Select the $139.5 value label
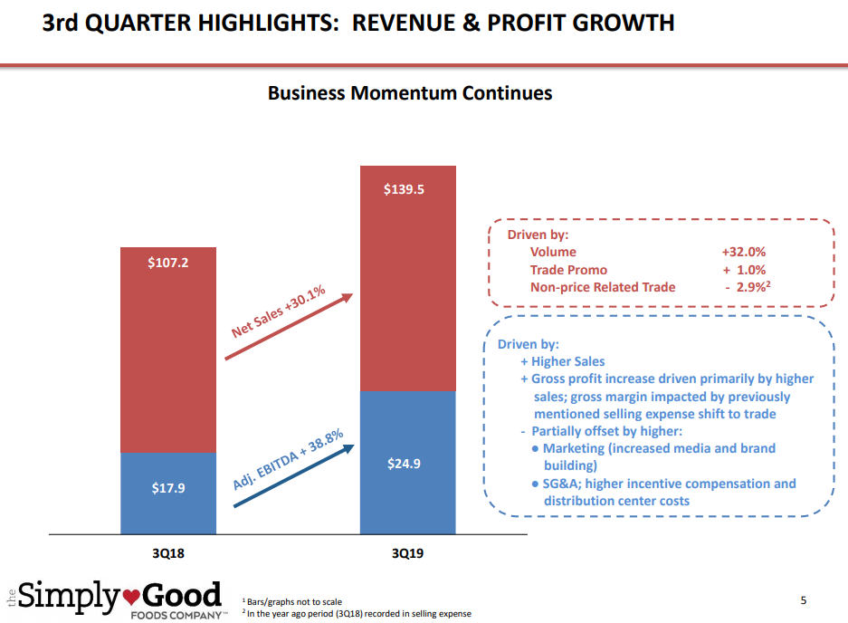[x=406, y=189]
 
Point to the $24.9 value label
[x=406, y=464]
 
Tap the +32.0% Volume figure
[x=743, y=253]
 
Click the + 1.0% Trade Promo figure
[x=744, y=270]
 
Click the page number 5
[x=805, y=600]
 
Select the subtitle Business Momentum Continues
[x=410, y=93]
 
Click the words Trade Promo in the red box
[x=568, y=270]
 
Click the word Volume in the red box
[x=553, y=253]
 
